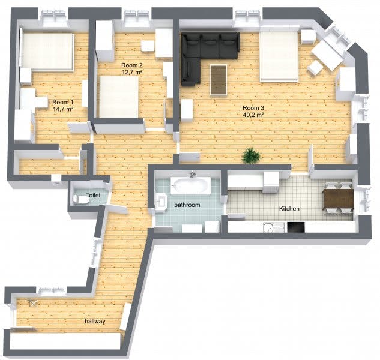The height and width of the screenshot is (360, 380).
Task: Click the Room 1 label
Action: (63, 102)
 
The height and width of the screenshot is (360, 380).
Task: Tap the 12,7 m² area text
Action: (132, 72)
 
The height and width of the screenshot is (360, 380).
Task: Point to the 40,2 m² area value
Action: (253, 115)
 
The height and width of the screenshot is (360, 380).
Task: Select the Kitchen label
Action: (289, 209)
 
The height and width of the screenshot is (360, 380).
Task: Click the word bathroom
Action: (187, 205)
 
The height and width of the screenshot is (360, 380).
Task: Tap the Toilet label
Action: (93, 195)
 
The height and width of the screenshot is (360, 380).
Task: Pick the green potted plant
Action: (252, 155)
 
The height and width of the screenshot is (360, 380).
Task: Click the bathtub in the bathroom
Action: (190, 185)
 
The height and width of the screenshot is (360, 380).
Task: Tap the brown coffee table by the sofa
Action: (219, 80)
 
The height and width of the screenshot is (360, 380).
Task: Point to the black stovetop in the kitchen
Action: (296, 227)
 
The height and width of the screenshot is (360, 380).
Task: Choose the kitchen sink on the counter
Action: (274, 227)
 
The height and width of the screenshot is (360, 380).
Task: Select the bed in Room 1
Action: (47, 52)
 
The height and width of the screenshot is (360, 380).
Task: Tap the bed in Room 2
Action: (118, 97)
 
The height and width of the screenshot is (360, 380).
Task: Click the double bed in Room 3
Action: (279, 56)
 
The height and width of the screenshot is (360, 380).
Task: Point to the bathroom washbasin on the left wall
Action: (161, 202)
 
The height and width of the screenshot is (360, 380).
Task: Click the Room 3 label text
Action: (253, 108)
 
